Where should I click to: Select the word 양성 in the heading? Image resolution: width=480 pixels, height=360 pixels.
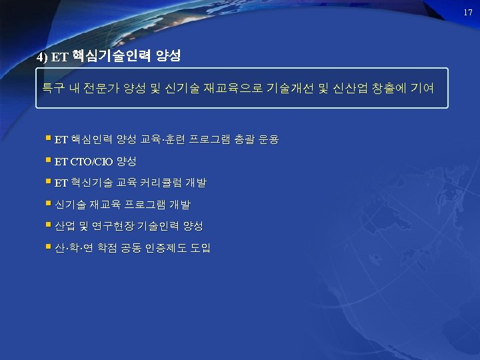pos(167,56)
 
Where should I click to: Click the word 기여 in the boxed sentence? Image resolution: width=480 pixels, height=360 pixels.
pos(423,87)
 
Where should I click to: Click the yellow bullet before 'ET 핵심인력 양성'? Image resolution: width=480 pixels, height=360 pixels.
pos(49,139)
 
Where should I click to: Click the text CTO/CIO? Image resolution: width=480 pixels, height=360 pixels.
pos(91,161)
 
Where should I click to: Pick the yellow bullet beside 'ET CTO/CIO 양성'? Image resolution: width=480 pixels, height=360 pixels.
pos(49,160)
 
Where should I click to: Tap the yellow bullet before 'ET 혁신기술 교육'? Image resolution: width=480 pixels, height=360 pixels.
pos(49,181)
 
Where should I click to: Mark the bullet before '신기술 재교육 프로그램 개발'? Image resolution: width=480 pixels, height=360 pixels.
pos(49,203)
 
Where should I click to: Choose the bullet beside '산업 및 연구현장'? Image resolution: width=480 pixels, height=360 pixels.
pos(49,225)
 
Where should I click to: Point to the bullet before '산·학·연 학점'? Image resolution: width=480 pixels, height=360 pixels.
pos(49,247)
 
